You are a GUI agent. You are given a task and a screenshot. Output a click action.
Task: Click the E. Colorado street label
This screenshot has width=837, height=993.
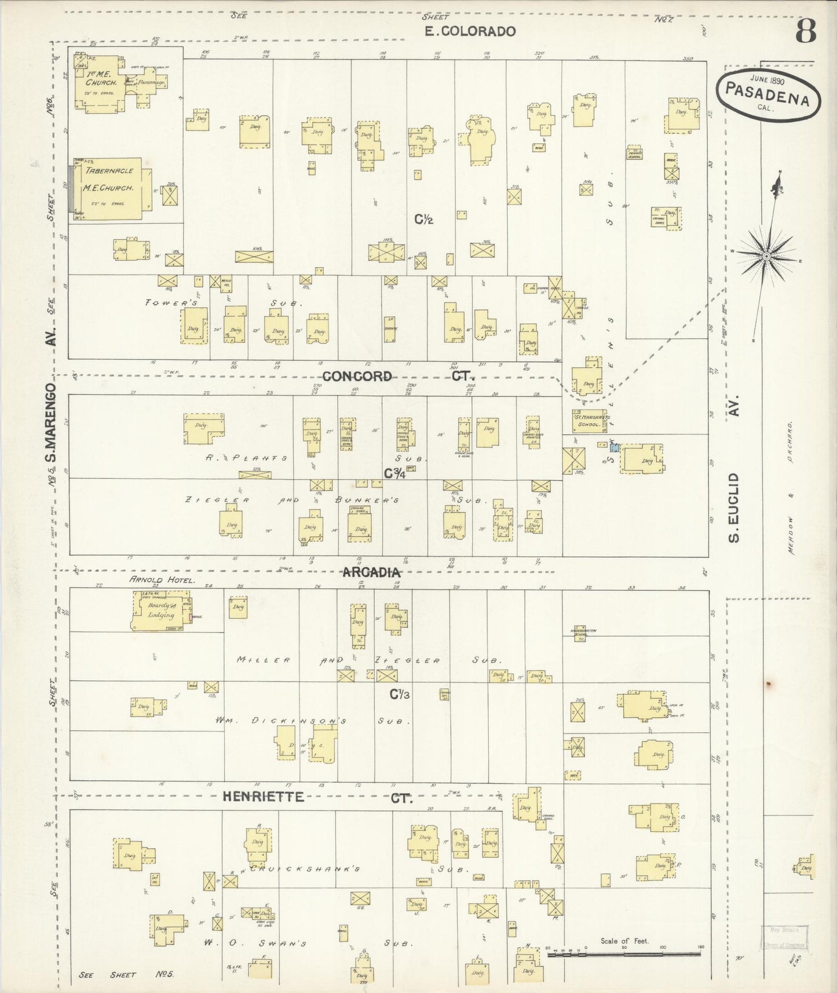470,31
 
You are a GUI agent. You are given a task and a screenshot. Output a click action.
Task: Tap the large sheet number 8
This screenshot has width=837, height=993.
805,31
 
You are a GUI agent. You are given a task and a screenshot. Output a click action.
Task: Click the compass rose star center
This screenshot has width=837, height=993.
766,255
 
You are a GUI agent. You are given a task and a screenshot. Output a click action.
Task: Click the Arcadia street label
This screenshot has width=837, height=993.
372,572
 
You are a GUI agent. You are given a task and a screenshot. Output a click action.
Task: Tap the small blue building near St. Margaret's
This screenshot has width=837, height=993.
615,448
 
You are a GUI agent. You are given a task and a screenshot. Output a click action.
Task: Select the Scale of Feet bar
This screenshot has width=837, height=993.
624,952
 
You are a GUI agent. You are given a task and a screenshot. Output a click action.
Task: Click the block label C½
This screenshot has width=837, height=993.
424,219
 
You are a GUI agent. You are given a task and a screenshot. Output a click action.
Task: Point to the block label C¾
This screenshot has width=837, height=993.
394,473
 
